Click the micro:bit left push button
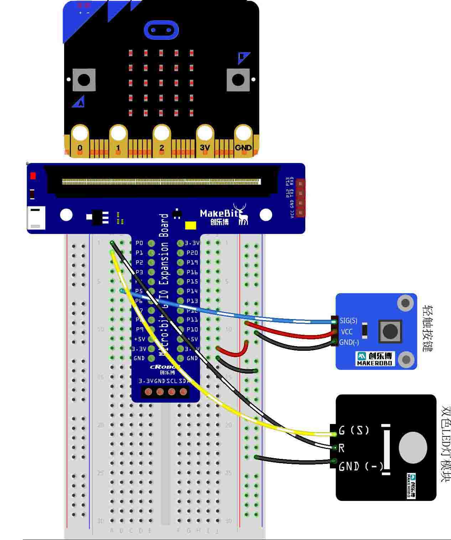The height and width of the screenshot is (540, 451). pyautogui.click(x=84, y=80)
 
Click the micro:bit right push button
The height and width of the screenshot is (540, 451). pyautogui.click(x=238, y=80)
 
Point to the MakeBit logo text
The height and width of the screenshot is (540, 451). pyautogui.click(x=219, y=213)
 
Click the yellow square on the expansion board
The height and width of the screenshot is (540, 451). pyautogui.click(x=191, y=225)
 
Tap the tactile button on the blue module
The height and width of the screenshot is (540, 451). pyautogui.click(x=390, y=331)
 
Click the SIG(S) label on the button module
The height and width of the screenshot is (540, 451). pyautogui.click(x=348, y=321)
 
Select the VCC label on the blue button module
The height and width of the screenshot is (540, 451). pyautogui.click(x=347, y=332)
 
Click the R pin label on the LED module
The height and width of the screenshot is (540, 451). pyautogui.click(x=341, y=448)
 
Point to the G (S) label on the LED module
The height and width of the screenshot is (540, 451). pyautogui.click(x=354, y=430)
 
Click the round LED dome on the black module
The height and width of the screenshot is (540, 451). pyautogui.click(x=413, y=448)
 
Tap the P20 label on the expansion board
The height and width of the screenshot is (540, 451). pyautogui.click(x=192, y=253)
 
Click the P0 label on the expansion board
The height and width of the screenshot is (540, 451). pyautogui.click(x=139, y=243)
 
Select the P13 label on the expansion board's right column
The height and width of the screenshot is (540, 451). pyautogui.click(x=192, y=301)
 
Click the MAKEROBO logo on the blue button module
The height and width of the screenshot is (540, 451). pyautogui.click(x=375, y=359)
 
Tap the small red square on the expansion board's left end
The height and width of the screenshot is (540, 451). pyautogui.click(x=33, y=176)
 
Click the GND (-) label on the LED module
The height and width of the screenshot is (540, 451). pyautogui.click(x=361, y=466)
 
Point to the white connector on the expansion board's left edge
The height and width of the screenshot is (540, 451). pyautogui.click(x=36, y=218)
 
